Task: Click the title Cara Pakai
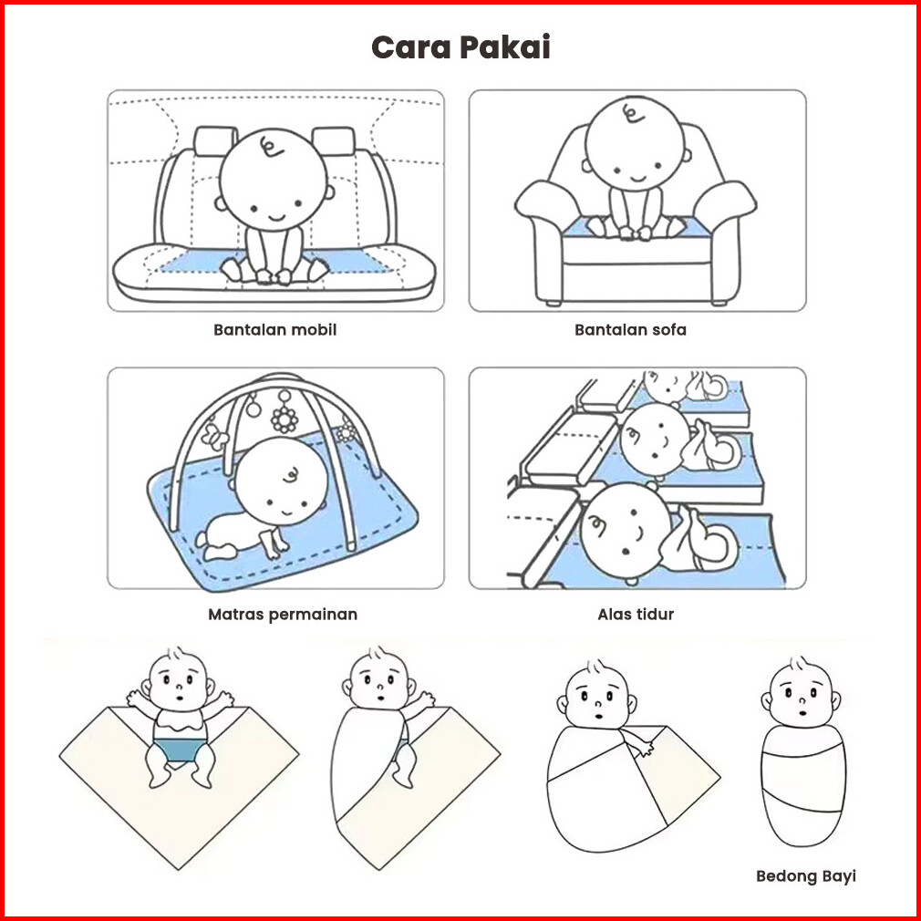click(460, 47)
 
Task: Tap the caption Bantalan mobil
click(274, 329)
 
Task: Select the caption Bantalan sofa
click(630, 329)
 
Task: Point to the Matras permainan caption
click(283, 615)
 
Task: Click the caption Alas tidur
click(636, 615)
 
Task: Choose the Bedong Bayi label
click(806, 876)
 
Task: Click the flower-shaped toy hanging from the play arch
click(285, 419)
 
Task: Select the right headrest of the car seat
click(334, 141)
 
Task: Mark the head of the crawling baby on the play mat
click(281, 481)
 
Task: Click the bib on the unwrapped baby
click(180, 721)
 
